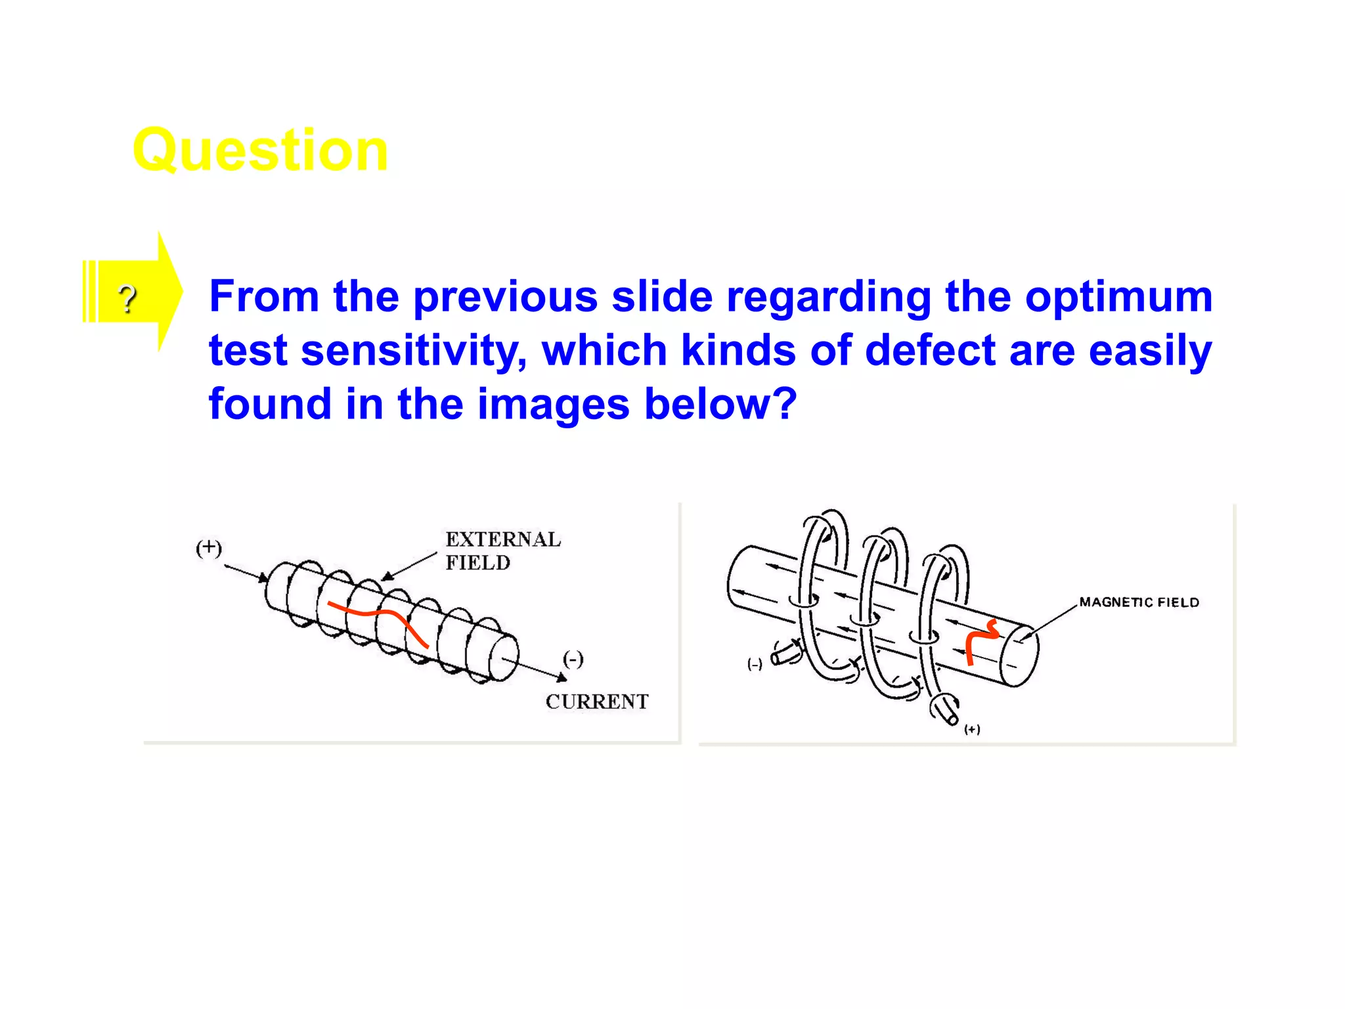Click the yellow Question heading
point(260,150)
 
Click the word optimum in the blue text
point(1118,297)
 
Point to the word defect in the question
point(930,350)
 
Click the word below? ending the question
point(720,403)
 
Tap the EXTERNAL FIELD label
point(502,550)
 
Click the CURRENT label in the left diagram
point(596,702)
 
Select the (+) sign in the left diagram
point(209,548)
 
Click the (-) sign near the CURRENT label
point(573,659)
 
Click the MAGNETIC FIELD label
point(1139,602)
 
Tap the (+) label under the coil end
point(972,729)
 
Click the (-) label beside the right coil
point(755,664)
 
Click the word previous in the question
point(505,297)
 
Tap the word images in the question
point(553,403)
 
